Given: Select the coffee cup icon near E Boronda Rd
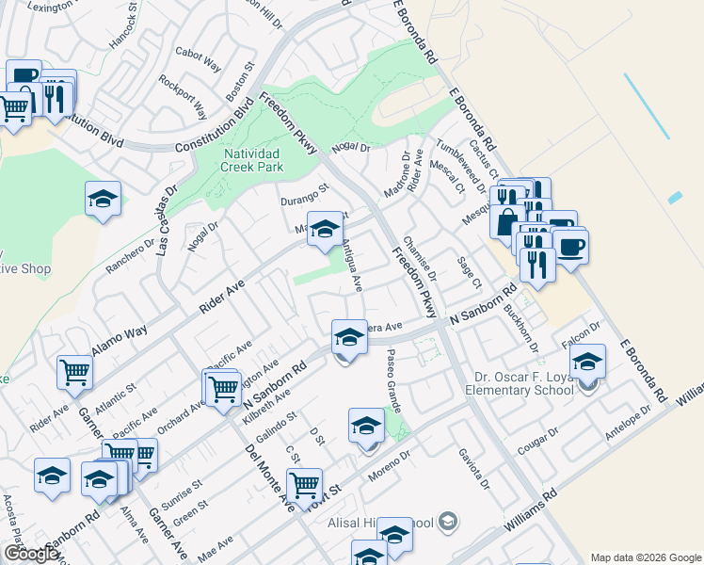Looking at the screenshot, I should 571,248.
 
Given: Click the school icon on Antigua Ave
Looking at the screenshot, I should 325,229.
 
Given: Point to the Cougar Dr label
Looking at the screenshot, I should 537,440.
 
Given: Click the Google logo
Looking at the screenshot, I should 31,553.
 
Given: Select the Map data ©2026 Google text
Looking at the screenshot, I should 644,557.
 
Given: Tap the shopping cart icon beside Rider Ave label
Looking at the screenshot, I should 74,371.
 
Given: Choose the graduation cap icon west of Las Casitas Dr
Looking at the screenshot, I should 104,200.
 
